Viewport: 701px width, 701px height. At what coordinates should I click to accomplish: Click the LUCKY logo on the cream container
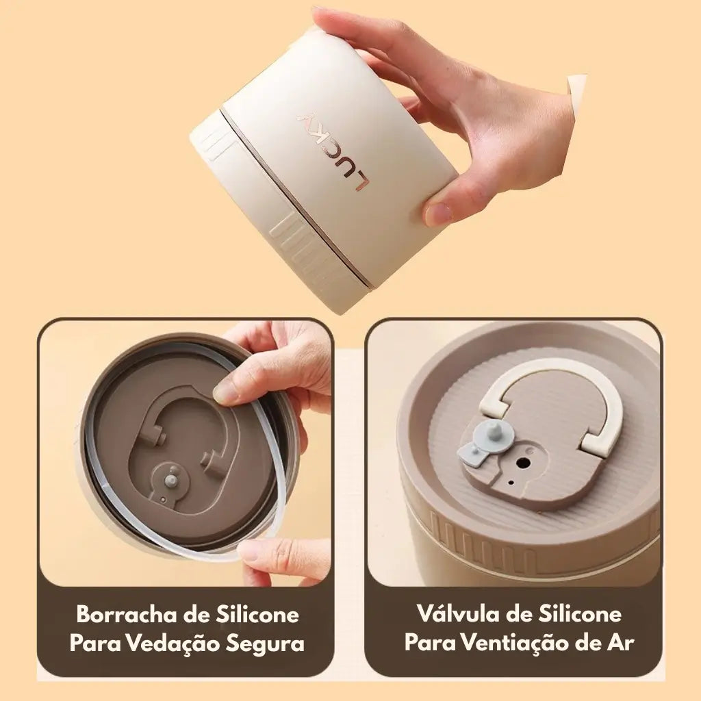point(333,151)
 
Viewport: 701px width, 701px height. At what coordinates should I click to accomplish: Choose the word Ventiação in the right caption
point(513,643)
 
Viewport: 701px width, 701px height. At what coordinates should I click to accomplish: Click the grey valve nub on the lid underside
point(170,481)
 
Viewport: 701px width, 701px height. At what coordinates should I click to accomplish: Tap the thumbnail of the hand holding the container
point(439,214)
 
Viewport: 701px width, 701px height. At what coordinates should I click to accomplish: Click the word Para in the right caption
point(430,643)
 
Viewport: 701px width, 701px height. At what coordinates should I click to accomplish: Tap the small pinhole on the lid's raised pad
point(511,483)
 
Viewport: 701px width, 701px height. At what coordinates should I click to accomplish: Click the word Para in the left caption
point(95,643)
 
